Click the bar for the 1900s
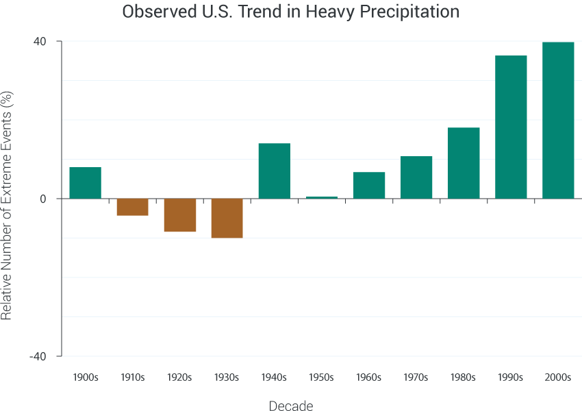(x=85, y=183)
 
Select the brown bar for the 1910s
(x=132, y=207)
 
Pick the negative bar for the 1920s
(x=180, y=215)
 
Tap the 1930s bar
(x=227, y=218)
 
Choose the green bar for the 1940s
(x=275, y=171)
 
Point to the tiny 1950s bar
(x=321, y=197)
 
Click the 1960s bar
(x=369, y=186)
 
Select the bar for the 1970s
(x=416, y=177)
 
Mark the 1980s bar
(x=464, y=163)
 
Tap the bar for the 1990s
(x=511, y=127)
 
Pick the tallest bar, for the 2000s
(x=558, y=121)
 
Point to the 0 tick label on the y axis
(x=42, y=199)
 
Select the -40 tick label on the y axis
(x=38, y=356)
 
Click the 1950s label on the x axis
(x=321, y=377)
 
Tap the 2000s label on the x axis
(x=558, y=377)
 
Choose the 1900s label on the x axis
(x=85, y=377)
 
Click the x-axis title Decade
(x=291, y=406)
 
